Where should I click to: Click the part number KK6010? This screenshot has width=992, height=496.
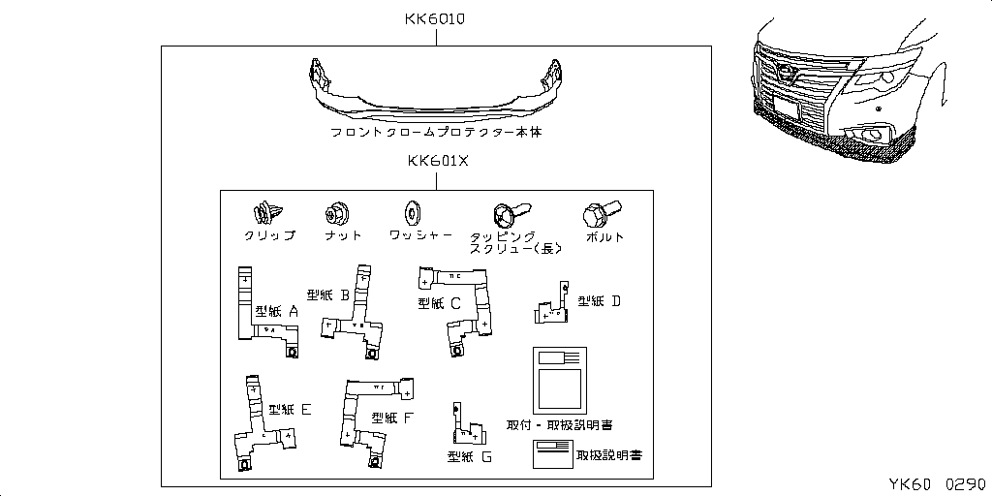pos(436,18)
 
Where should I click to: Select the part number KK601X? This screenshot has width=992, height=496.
pos(436,162)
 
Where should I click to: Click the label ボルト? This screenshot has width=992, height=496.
pos(605,236)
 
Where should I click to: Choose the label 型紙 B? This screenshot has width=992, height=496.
pos(327,294)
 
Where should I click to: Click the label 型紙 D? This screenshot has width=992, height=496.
pos(599,301)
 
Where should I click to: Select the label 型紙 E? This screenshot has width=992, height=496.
pos(290,410)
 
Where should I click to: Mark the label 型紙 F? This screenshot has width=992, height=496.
pos(392,418)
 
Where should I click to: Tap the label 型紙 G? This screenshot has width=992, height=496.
pos(470,455)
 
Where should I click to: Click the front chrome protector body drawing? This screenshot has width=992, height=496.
pos(436,89)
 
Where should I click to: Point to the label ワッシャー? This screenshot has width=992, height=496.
pos(420,235)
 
